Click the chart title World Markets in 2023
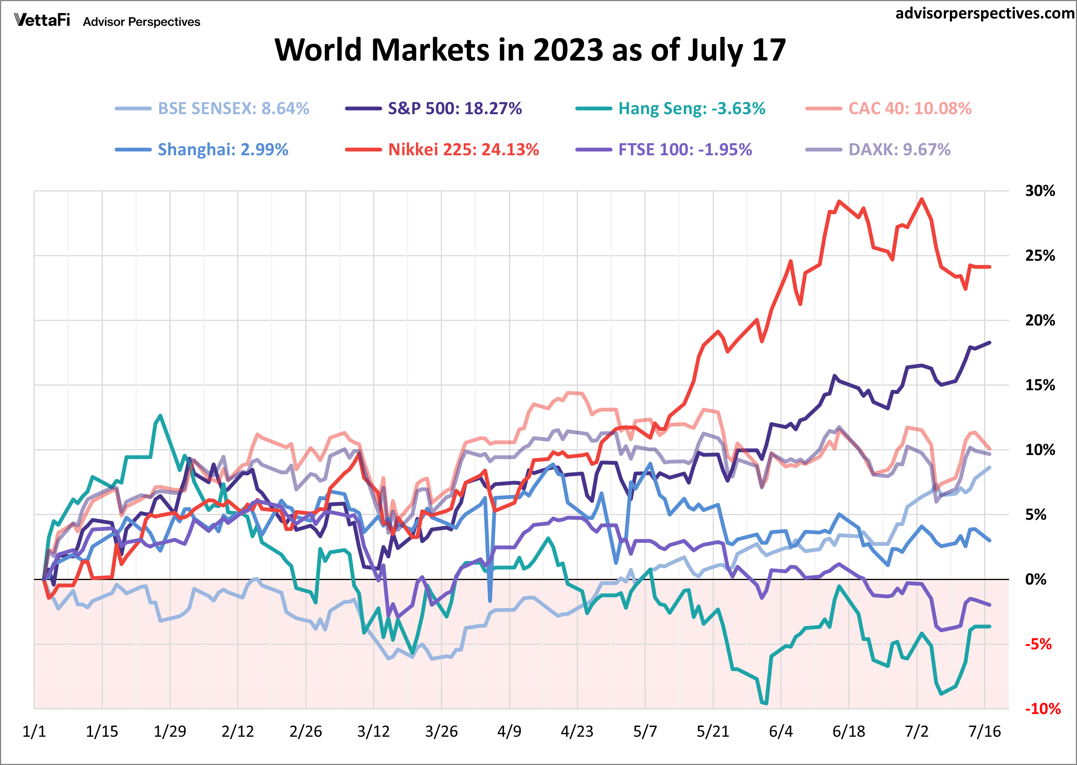pyautogui.click(x=530, y=50)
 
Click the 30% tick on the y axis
pyautogui.click(x=1040, y=191)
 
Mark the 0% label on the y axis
pyautogui.click(x=1036, y=579)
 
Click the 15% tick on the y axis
pyautogui.click(x=1040, y=385)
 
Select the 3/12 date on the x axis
pyautogui.click(x=373, y=732)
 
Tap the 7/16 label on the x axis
pyautogui.click(x=984, y=732)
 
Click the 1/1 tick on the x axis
pyautogui.click(x=34, y=732)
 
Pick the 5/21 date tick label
pyautogui.click(x=712, y=732)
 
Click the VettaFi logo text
pyautogui.click(x=42, y=20)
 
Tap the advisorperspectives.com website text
pyautogui.click(x=984, y=13)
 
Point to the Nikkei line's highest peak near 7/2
pyautogui.click(x=922, y=199)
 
